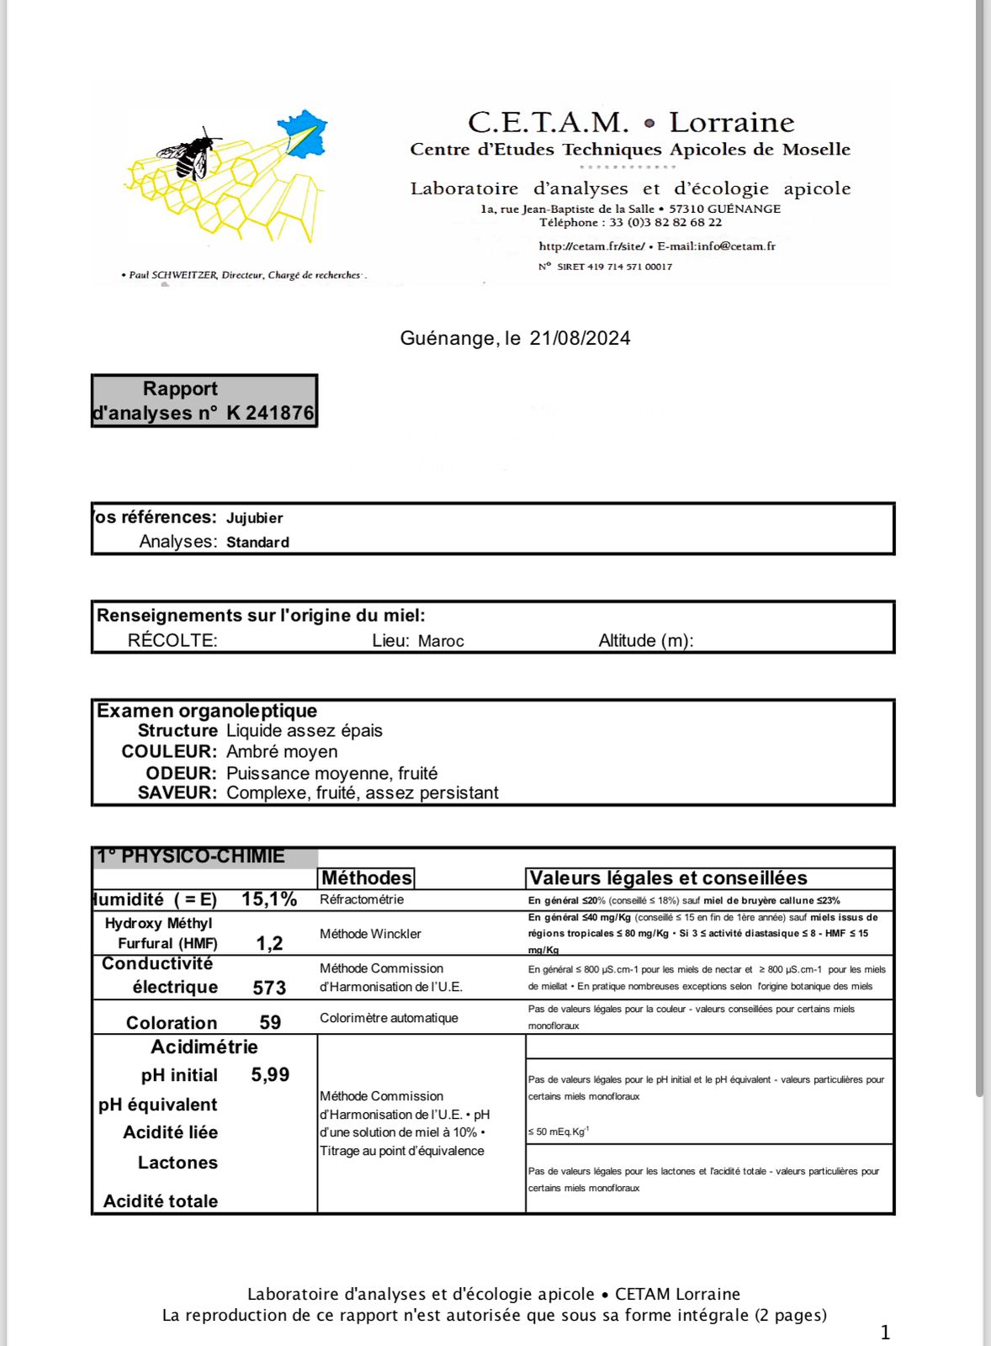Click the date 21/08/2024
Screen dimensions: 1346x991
(580, 338)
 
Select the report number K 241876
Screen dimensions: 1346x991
(270, 413)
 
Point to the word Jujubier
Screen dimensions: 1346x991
(254, 518)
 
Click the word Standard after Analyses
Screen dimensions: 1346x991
(257, 543)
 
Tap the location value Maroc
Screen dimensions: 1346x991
(441, 641)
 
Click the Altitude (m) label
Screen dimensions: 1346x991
(645, 641)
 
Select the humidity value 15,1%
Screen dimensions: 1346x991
(269, 899)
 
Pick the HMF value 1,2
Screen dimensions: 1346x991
(269, 944)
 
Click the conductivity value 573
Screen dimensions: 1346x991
(269, 988)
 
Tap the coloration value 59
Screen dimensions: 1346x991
(270, 1023)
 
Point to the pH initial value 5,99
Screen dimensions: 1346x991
(270, 1075)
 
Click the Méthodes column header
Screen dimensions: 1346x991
(367, 878)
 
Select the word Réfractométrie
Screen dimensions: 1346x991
(362, 900)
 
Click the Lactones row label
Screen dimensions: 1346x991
(178, 1163)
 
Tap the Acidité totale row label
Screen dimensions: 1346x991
(161, 1201)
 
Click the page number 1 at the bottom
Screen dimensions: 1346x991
(885, 1333)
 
